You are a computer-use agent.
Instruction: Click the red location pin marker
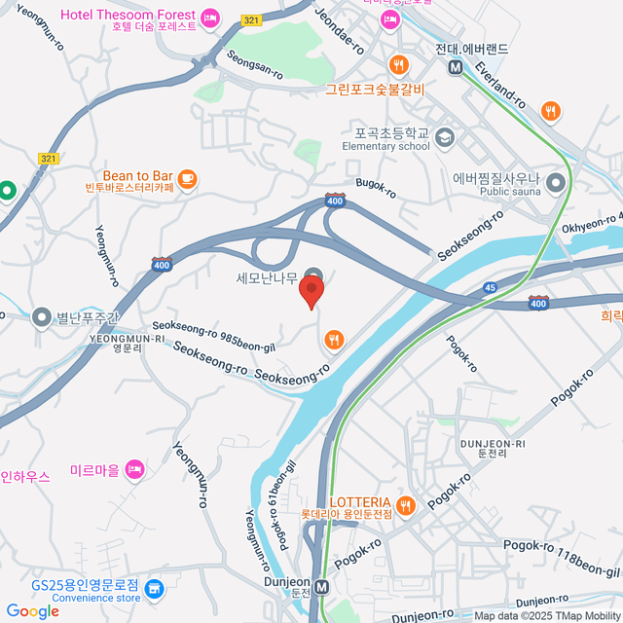pyautogui.click(x=311, y=291)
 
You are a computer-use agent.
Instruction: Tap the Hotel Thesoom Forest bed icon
pyautogui.click(x=209, y=18)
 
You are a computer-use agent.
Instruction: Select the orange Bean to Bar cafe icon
pyautogui.click(x=186, y=178)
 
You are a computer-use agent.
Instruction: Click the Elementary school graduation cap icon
pyautogui.click(x=445, y=136)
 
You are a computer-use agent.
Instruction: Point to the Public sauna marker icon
pyautogui.click(x=556, y=183)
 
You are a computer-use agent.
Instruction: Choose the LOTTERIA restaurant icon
pyautogui.click(x=406, y=504)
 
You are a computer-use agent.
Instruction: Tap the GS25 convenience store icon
pyautogui.click(x=156, y=588)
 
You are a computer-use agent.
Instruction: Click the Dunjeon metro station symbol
pyautogui.click(x=321, y=588)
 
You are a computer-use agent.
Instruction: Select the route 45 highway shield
pyautogui.click(x=489, y=287)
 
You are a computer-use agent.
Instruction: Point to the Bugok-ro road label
pyautogui.click(x=376, y=184)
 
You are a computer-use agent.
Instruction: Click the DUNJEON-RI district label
pyautogui.click(x=493, y=449)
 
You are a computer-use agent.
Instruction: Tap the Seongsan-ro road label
pyautogui.click(x=255, y=65)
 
